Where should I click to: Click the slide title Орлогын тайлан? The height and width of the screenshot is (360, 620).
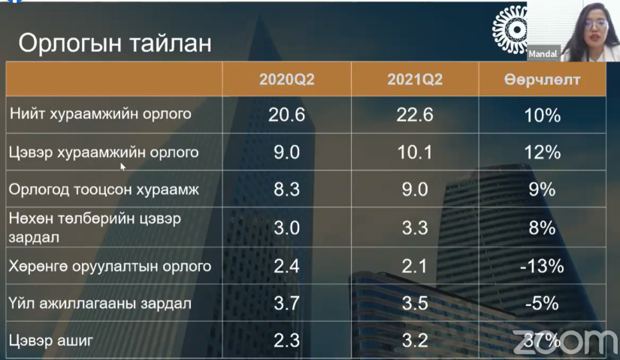pos(115,43)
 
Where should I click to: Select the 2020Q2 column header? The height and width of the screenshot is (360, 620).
pos(286,80)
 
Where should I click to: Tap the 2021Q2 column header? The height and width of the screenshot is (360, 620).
pos(415,80)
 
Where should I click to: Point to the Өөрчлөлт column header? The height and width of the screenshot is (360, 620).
pos(542,80)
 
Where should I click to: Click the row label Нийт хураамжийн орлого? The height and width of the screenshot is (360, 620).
pos(101,114)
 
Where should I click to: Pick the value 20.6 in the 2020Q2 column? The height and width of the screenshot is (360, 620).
pos(286,115)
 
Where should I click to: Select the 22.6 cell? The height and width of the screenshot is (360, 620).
pos(415,115)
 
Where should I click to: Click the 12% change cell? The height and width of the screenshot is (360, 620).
pos(542,153)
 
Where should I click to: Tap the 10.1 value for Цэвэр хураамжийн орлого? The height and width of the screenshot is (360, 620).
pos(415,153)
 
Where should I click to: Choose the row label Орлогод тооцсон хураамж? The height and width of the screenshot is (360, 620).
pos(104,189)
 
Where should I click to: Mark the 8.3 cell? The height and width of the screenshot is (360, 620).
pos(286,189)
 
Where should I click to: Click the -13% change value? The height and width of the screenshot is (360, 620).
pos(542,266)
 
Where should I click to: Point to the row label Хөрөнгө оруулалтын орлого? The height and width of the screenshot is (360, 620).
pos(110,266)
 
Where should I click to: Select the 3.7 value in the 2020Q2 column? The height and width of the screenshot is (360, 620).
pos(286,304)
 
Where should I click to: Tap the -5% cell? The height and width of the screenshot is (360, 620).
pos(542,304)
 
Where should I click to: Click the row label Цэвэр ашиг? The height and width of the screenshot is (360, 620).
pos(51,340)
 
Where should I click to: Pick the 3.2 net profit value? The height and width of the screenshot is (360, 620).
pos(415,340)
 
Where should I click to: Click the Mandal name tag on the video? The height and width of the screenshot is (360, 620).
pos(543,54)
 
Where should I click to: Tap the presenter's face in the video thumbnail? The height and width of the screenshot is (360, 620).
pos(594,29)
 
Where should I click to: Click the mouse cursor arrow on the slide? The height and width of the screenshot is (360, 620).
pos(122,167)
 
